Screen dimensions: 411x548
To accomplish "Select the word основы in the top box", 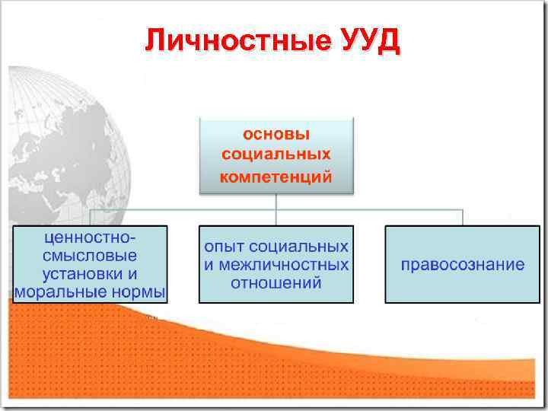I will (x=276, y=135).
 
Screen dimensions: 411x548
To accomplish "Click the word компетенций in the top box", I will (x=276, y=177).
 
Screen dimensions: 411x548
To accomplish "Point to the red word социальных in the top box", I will (x=276, y=155).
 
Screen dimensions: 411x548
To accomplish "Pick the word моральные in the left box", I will (x=56, y=292).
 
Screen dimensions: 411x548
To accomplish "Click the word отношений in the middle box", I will (x=276, y=283).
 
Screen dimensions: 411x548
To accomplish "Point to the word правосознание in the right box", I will (x=463, y=265).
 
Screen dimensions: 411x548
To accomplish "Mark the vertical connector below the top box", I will (x=276, y=201).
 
